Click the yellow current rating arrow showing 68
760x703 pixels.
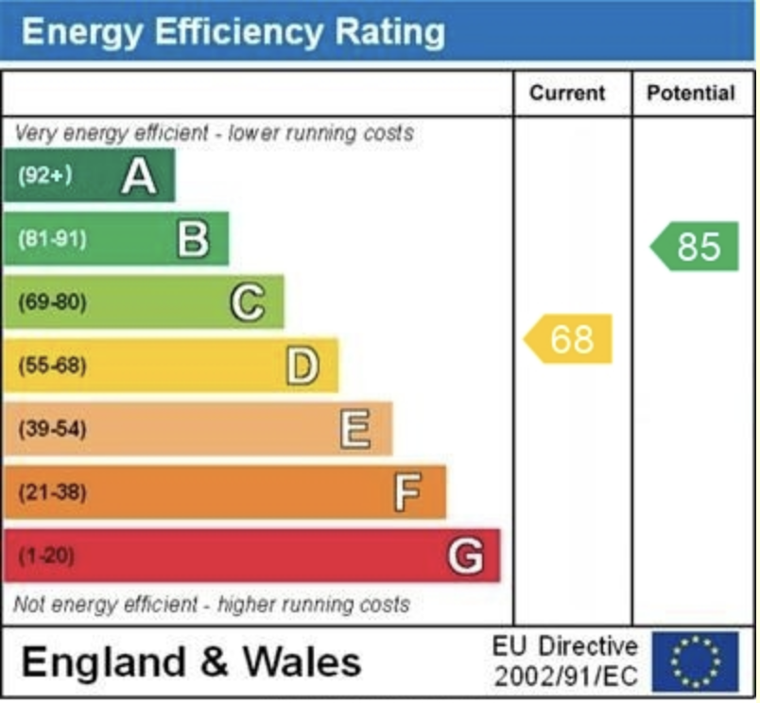[x=569, y=338]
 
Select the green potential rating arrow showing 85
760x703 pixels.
[x=696, y=247]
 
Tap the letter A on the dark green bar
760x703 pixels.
[x=138, y=176]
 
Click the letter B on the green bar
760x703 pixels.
[x=193, y=239]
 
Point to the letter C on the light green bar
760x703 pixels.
[x=247, y=303]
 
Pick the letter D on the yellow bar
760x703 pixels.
[x=302, y=367]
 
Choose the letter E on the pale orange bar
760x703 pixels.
[x=355, y=430]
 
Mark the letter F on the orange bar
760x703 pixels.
[x=408, y=492]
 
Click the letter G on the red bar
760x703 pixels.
[x=464, y=556]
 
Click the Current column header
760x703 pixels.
[x=567, y=93]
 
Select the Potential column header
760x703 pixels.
[x=690, y=93]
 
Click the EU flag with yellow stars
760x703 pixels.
[x=696, y=661]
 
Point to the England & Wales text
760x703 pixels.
[x=191, y=661]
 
